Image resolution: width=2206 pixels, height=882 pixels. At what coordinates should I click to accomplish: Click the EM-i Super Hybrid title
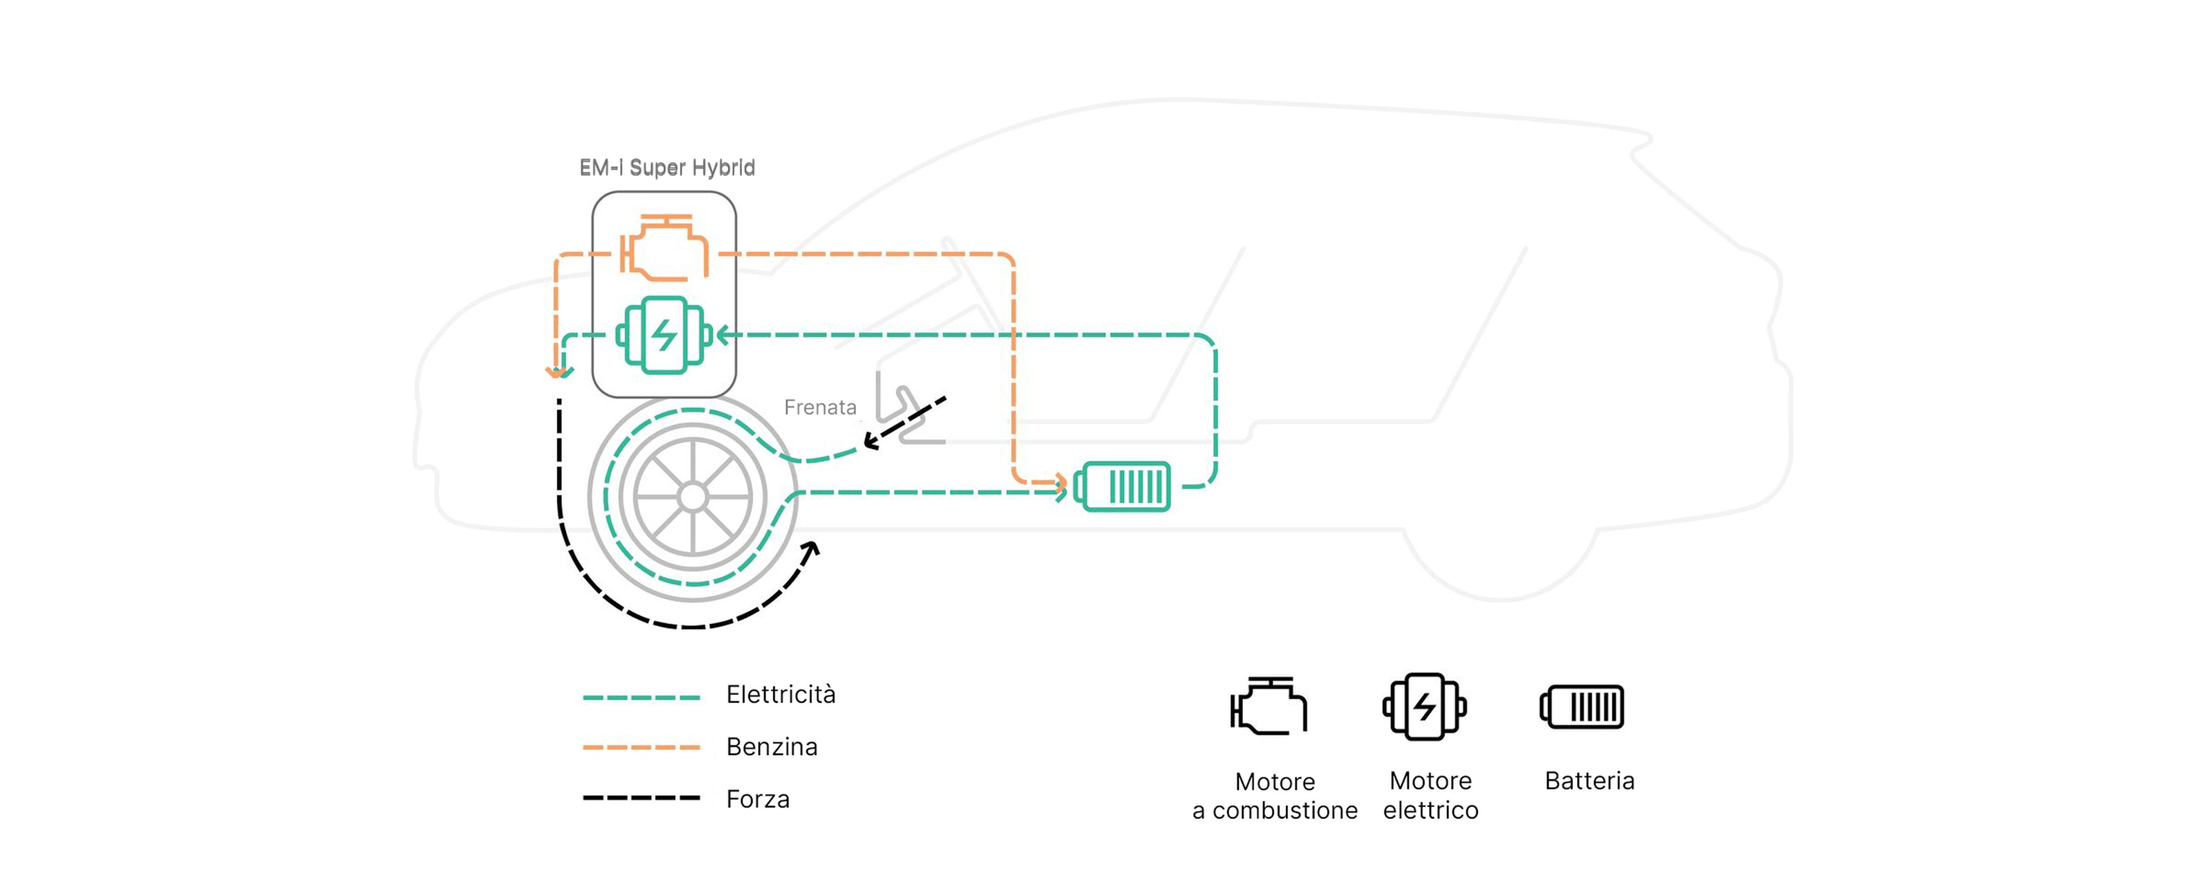pyautogui.click(x=667, y=168)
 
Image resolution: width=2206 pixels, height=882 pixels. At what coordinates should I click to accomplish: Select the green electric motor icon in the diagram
pyautogui.click(x=664, y=335)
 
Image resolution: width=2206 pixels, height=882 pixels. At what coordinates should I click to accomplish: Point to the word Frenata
pyautogui.click(x=820, y=408)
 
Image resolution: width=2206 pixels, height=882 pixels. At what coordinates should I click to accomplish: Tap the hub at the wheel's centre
pyautogui.click(x=692, y=496)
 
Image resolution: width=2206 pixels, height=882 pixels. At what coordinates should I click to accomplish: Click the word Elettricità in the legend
pyautogui.click(x=780, y=695)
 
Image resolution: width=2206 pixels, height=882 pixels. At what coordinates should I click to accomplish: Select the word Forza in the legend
pyautogui.click(x=758, y=799)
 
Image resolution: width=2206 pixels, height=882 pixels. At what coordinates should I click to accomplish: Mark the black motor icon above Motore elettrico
pyautogui.click(x=1424, y=706)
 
